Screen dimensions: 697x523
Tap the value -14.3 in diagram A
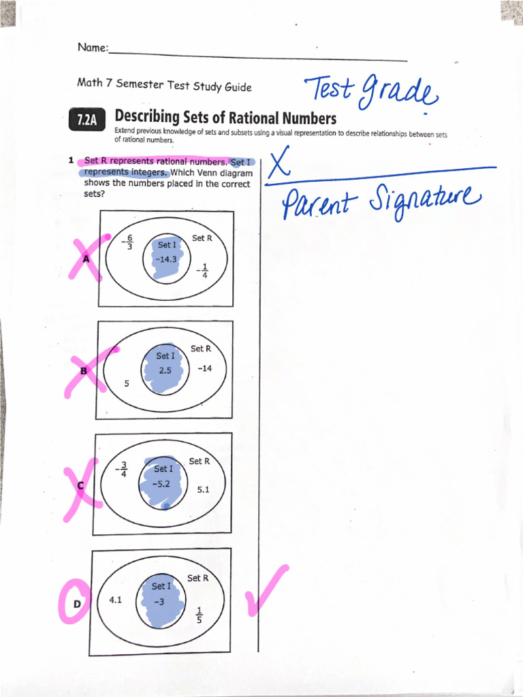pos(165,259)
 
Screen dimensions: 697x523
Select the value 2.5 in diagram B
pos(165,370)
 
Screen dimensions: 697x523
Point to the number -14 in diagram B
pos(204,368)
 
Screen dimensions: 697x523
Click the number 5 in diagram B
pos(127,384)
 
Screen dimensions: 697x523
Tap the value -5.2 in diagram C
pos(162,484)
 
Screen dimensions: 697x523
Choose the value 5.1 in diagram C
pos(203,489)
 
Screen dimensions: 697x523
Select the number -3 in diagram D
pos(159,601)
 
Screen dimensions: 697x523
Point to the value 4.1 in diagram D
pos(115,600)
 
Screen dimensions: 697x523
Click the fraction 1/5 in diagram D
pos(199,615)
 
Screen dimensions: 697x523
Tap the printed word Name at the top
pos(92,48)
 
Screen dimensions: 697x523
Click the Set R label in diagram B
pos(201,348)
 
